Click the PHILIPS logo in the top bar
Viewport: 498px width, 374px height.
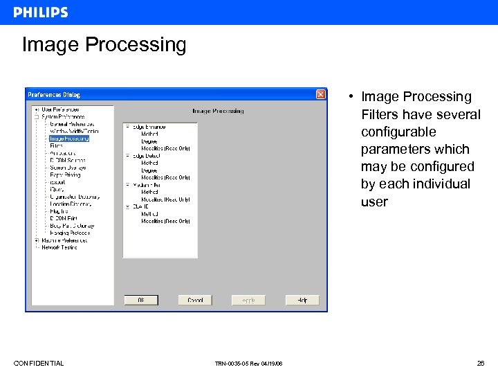41,12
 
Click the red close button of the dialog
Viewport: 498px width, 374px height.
321,94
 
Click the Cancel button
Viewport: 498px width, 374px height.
195,300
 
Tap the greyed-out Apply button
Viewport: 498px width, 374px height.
248,300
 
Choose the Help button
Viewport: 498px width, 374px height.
302,300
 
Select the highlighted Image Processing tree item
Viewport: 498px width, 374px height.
69,139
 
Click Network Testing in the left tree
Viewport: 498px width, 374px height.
59,247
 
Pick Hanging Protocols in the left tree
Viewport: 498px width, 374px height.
70,233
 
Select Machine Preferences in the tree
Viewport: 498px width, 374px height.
64,240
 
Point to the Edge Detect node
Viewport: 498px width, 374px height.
146,156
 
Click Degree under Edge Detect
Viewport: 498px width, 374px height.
149,170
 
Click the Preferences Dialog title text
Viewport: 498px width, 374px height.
53,94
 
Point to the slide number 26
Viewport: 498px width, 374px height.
480,364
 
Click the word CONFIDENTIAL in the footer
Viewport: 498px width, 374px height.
39,364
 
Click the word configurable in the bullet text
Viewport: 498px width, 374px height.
398,132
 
